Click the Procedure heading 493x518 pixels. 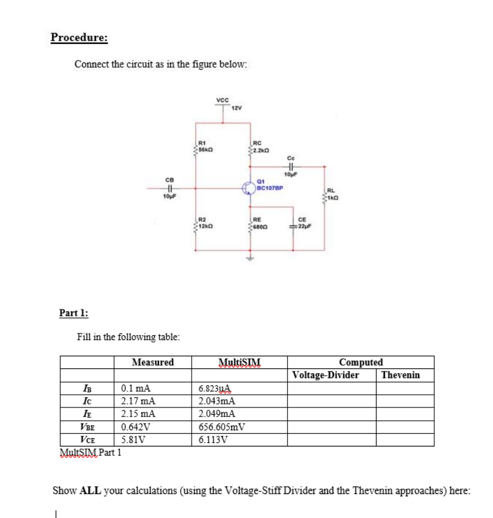click(79, 37)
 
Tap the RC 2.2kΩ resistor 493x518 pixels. click(250, 147)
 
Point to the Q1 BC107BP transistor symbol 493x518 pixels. click(249, 187)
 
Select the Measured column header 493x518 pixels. click(153, 362)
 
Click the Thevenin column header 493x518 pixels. click(401, 376)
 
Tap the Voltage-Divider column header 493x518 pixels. click(325, 376)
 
